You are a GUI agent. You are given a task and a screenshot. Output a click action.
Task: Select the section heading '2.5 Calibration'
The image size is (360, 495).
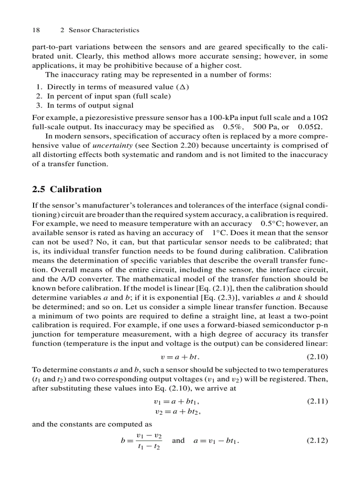pyautogui.click(x=67, y=190)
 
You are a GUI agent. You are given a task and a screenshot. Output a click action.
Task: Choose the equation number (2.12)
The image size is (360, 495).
pyautogui.click(x=317, y=440)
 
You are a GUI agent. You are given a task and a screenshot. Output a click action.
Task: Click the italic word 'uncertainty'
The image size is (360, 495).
pyautogui.click(x=110, y=146)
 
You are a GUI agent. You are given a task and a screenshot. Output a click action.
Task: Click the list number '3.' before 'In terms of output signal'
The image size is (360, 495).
pyautogui.click(x=39, y=105)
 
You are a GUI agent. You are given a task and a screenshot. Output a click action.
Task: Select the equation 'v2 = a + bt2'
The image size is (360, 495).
pyautogui.click(x=180, y=412)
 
